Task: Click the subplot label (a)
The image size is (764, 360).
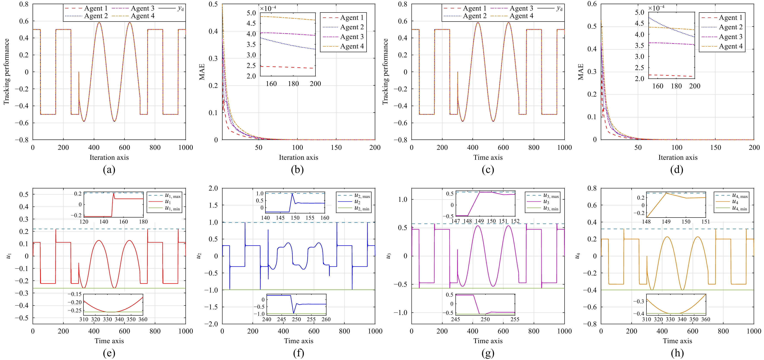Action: pyautogui.click(x=109, y=170)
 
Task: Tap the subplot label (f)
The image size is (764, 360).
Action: pyautogui.click(x=298, y=353)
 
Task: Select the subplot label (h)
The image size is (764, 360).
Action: pyautogui.click(x=677, y=353)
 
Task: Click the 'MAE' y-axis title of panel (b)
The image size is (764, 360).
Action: pyautogui.click(x=202, y=72)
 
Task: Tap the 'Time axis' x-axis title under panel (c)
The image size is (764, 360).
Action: pyautogui.click(x=488, y=157)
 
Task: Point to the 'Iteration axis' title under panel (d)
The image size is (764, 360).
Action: pyautogui.click(x=678, y=157)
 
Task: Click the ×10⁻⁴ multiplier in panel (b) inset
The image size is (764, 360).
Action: pyautogui.click(x=268, y=8)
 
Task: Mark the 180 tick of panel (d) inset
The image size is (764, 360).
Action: pyautogui.click(x=676, y=86)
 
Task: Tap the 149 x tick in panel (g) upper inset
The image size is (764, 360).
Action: pyautogui.click(x=479, y=221)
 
